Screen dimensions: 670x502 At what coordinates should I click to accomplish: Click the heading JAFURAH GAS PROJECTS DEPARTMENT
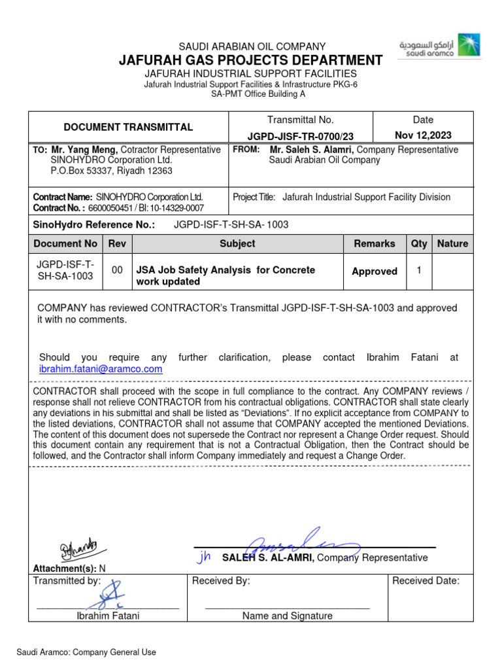(x=250, y=60)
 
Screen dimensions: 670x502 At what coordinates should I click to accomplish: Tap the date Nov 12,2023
(x=423, y=135)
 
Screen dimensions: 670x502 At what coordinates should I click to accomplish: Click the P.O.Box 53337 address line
(x=111, y=171)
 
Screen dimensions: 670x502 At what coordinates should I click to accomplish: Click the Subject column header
(x=237, y=243)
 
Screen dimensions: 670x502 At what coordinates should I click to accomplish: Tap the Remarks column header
(x=374, y=243)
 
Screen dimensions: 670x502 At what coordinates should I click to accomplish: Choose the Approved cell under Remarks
(x=374, y=271)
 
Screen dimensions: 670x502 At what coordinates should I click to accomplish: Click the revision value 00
(x=117, y=270)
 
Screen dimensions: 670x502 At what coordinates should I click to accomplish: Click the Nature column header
(x=452, y=243)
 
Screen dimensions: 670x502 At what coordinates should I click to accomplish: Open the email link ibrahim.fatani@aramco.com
(x=101, y=369)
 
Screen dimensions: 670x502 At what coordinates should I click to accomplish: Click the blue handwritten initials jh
(x=205, y=557)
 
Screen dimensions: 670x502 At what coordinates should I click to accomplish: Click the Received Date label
(x=426, y=580)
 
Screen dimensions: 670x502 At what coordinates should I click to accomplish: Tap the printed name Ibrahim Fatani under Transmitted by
(x=108, y=616)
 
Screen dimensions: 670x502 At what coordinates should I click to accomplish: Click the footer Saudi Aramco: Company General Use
(x=86, y=652)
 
